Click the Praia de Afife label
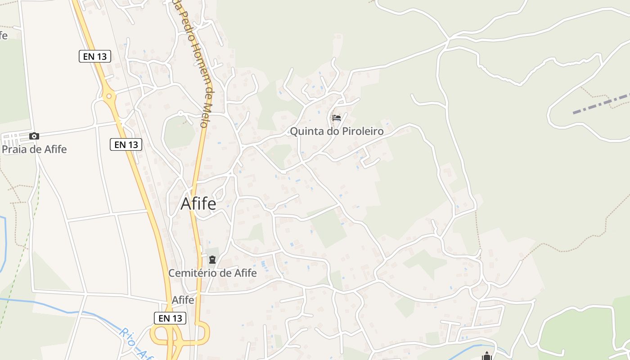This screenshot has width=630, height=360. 34,149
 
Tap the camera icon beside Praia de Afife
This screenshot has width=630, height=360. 34,136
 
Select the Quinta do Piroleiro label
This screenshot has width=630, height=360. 337,131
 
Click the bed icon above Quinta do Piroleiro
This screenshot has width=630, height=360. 337,118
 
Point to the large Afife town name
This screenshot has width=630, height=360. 198,204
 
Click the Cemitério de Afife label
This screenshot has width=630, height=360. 212,273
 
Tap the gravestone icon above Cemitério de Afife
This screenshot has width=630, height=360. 212,260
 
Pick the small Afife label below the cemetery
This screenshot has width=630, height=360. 183,300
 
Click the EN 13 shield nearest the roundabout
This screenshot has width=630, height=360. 95,56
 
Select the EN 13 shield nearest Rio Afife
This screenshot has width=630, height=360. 170,318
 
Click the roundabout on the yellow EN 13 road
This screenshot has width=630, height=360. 108,96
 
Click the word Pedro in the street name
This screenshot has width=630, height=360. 185,22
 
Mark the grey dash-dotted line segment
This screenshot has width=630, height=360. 601,104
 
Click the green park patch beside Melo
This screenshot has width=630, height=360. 179,133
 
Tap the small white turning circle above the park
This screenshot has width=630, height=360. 180,113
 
